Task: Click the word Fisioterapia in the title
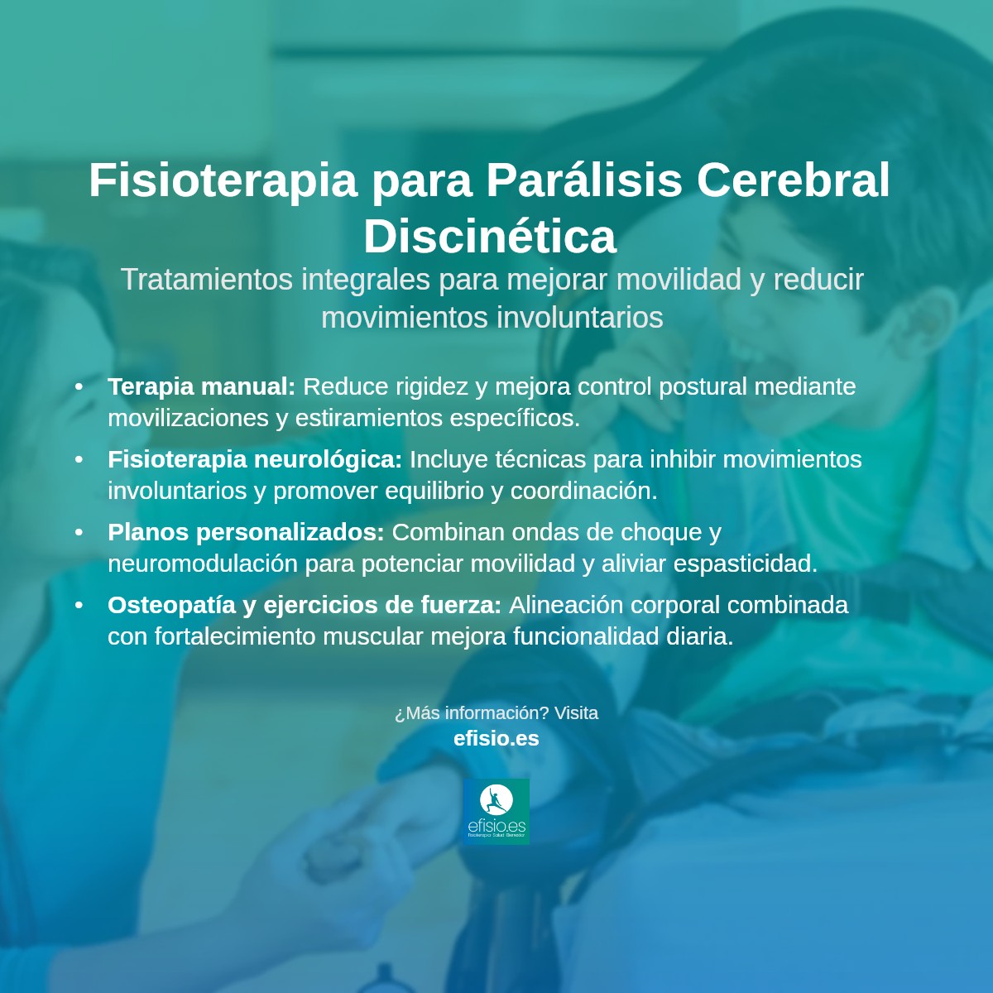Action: (x=223, y=180)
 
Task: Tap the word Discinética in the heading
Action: (x=490, y=236)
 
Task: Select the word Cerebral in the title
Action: (x=793, y=180)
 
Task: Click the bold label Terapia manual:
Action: (x=201, y=386)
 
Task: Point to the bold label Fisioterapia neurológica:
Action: (x=255, y=459)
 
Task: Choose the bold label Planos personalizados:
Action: (x=246, y=532)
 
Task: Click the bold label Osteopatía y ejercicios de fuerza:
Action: (x=305, y=605)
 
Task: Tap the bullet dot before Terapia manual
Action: (x=79, y=386)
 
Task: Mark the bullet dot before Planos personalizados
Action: (x=79, y=532)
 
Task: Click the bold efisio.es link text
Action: (x=496, y=738)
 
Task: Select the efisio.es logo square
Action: (x=496, y=811)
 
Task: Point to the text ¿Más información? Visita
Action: (x=496, y=713)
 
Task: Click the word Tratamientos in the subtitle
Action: (x=207, y=280)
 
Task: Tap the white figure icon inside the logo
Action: (x=496, y=800)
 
